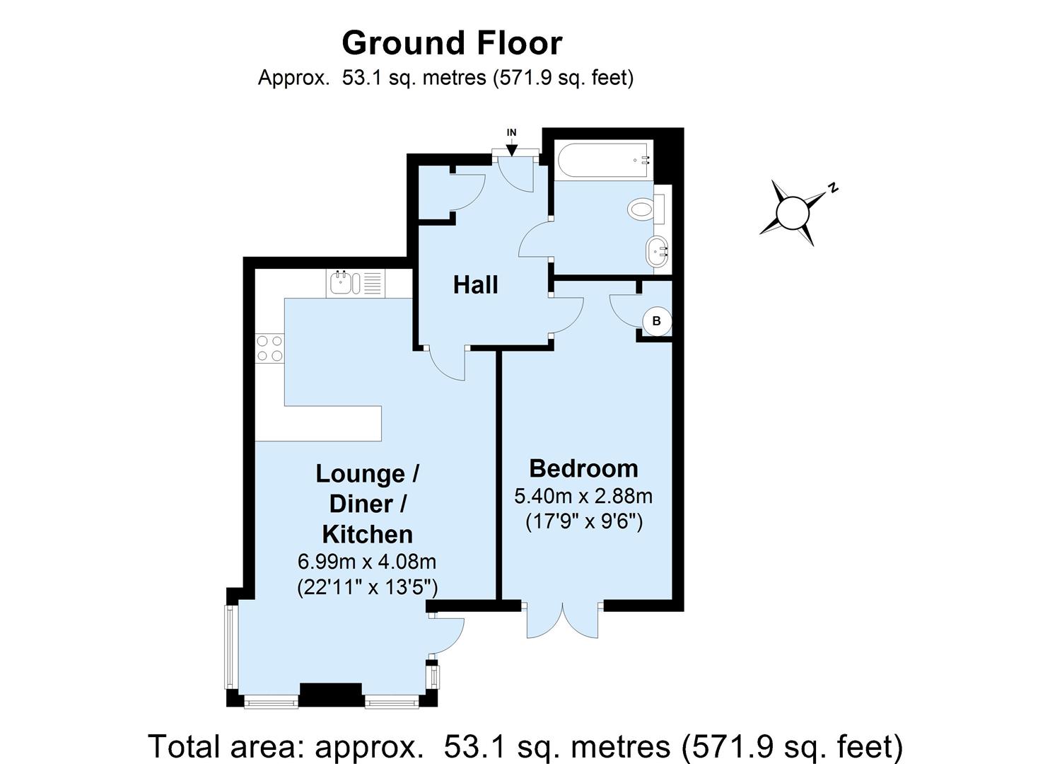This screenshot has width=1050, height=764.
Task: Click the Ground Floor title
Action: [x=452, y=43]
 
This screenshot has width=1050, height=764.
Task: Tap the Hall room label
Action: [x=475, y=285]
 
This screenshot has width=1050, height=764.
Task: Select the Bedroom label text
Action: [x=583, y=468]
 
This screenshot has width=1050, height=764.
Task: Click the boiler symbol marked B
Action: [x=656, y=321]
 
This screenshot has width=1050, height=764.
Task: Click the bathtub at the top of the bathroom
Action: [x=603, y=160]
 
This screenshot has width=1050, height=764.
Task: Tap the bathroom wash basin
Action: [x=658, y=251]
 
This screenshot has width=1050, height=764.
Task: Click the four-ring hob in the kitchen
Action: [x=270, y=348]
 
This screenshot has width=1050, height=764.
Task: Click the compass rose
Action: [x=793, y=212]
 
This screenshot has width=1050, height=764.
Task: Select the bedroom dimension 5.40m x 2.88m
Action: [x=583, y=496]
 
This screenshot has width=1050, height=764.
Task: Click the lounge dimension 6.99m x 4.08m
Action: [x=367, y=562]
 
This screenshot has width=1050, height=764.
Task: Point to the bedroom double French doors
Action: [x=564, y=621]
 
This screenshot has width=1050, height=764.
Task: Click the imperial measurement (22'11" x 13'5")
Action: [x=367, y=587]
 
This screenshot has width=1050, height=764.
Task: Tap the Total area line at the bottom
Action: [x=525, y=746]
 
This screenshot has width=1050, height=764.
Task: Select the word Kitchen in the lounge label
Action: [x=367, y=533]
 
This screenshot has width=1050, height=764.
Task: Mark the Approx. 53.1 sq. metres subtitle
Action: [x=445, y=77]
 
